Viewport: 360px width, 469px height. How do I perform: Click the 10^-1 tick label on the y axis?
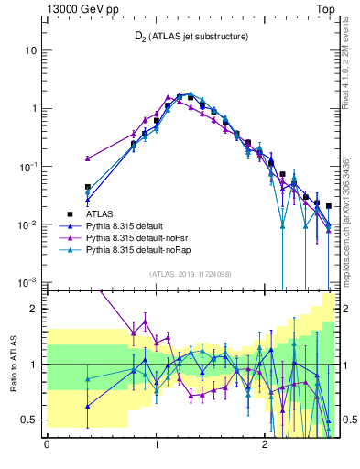[28, 166]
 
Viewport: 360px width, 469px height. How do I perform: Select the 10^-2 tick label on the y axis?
[28, 224]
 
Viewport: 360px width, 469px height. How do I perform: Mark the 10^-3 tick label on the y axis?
[28, 282]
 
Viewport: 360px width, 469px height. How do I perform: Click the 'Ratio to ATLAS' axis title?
[12, 364]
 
